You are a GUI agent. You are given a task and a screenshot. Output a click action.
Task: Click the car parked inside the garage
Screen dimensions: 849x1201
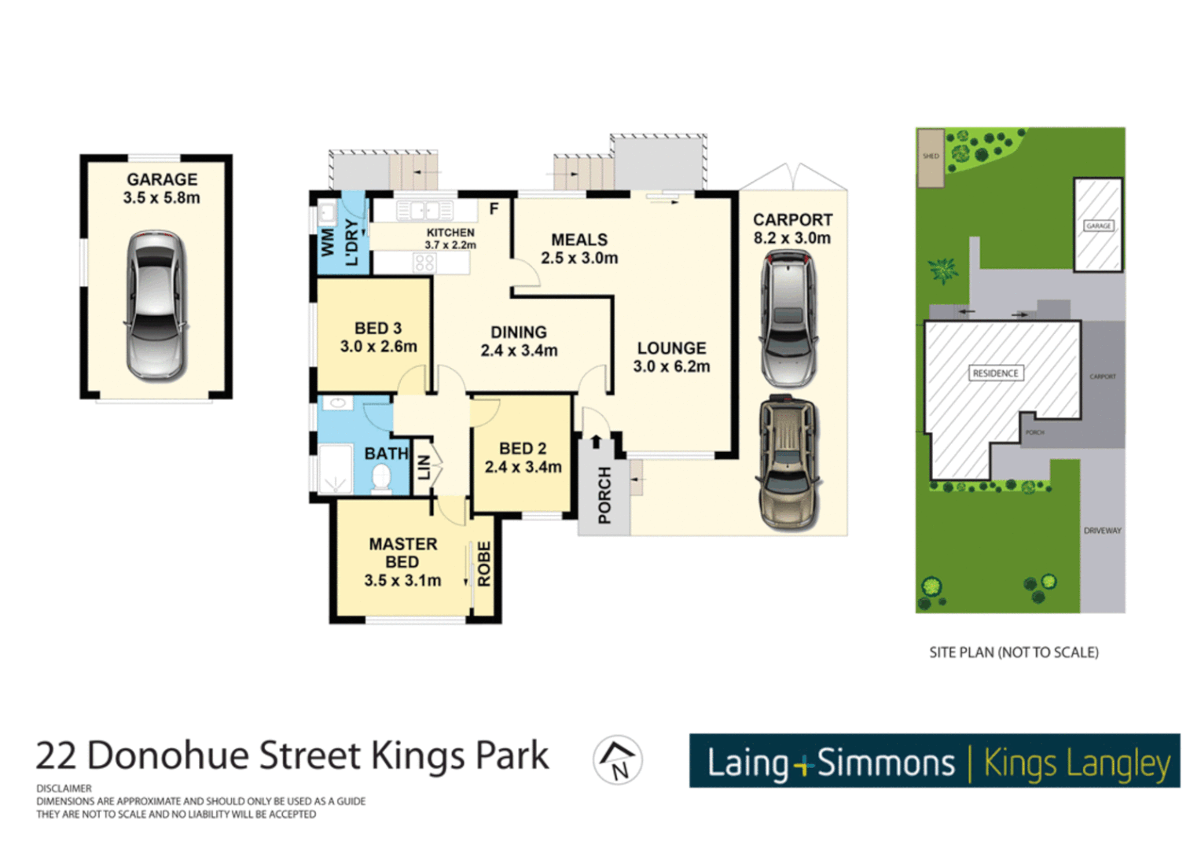coord(156,306)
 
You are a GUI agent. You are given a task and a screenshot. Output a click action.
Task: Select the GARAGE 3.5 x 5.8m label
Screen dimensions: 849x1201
coord(162,189)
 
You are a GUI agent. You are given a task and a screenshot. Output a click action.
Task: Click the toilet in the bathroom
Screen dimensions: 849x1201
coord(381,479)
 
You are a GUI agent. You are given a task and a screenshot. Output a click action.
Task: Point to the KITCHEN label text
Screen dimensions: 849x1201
coord(450,233)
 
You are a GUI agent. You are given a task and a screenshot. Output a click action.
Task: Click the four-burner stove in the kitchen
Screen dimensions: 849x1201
coord(424,263)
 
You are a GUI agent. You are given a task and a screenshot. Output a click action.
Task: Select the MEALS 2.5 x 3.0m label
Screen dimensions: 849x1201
coord(579,248)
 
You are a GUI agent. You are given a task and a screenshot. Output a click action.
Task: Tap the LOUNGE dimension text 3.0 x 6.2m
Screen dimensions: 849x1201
coord(671,366)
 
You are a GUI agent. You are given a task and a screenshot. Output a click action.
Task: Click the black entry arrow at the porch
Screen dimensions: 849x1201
coord(596,442)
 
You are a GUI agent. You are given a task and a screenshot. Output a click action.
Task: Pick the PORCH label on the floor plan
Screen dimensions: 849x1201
coord(604,495)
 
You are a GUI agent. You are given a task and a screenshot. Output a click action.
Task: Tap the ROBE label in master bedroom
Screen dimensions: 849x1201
coord(484,564)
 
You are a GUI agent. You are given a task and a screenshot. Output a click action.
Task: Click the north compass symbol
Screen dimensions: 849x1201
coord(618,760)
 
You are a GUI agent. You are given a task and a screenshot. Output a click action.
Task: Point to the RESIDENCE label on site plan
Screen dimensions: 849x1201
coord(995,373)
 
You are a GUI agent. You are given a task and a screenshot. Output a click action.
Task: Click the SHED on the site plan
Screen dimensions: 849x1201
coord(931,157)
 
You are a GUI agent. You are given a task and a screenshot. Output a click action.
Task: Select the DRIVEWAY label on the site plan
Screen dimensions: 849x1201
coord(1102,531)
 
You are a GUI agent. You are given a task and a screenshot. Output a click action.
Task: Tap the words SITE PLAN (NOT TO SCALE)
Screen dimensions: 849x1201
coord(1013,652)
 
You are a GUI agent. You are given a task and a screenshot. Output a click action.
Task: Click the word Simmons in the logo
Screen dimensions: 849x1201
coord(886,763)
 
